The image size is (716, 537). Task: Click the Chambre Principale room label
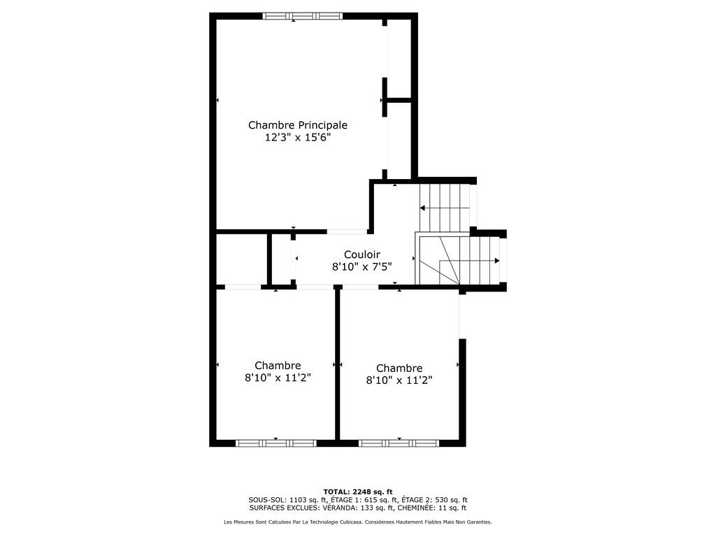click(298, 125)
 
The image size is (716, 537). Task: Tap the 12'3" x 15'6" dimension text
click(298, 138)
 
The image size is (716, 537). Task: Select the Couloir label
click(362, 255)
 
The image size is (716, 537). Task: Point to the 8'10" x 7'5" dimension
click(362, 266)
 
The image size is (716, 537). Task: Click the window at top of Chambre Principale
click(302, 16)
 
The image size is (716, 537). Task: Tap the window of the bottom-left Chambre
click(275, 443)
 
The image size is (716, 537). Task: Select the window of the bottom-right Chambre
click(399, 443)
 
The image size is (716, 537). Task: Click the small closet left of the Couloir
click(241, 259)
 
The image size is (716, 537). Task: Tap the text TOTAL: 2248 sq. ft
click(358, 492)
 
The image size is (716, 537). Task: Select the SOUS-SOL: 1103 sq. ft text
click(287, 500)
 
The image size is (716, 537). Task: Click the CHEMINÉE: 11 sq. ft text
click(432, 508)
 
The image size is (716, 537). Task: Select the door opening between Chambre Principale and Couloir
click(347, 231)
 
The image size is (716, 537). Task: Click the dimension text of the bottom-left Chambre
click(278, 378)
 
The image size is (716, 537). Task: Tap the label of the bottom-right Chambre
click(399, 368)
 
